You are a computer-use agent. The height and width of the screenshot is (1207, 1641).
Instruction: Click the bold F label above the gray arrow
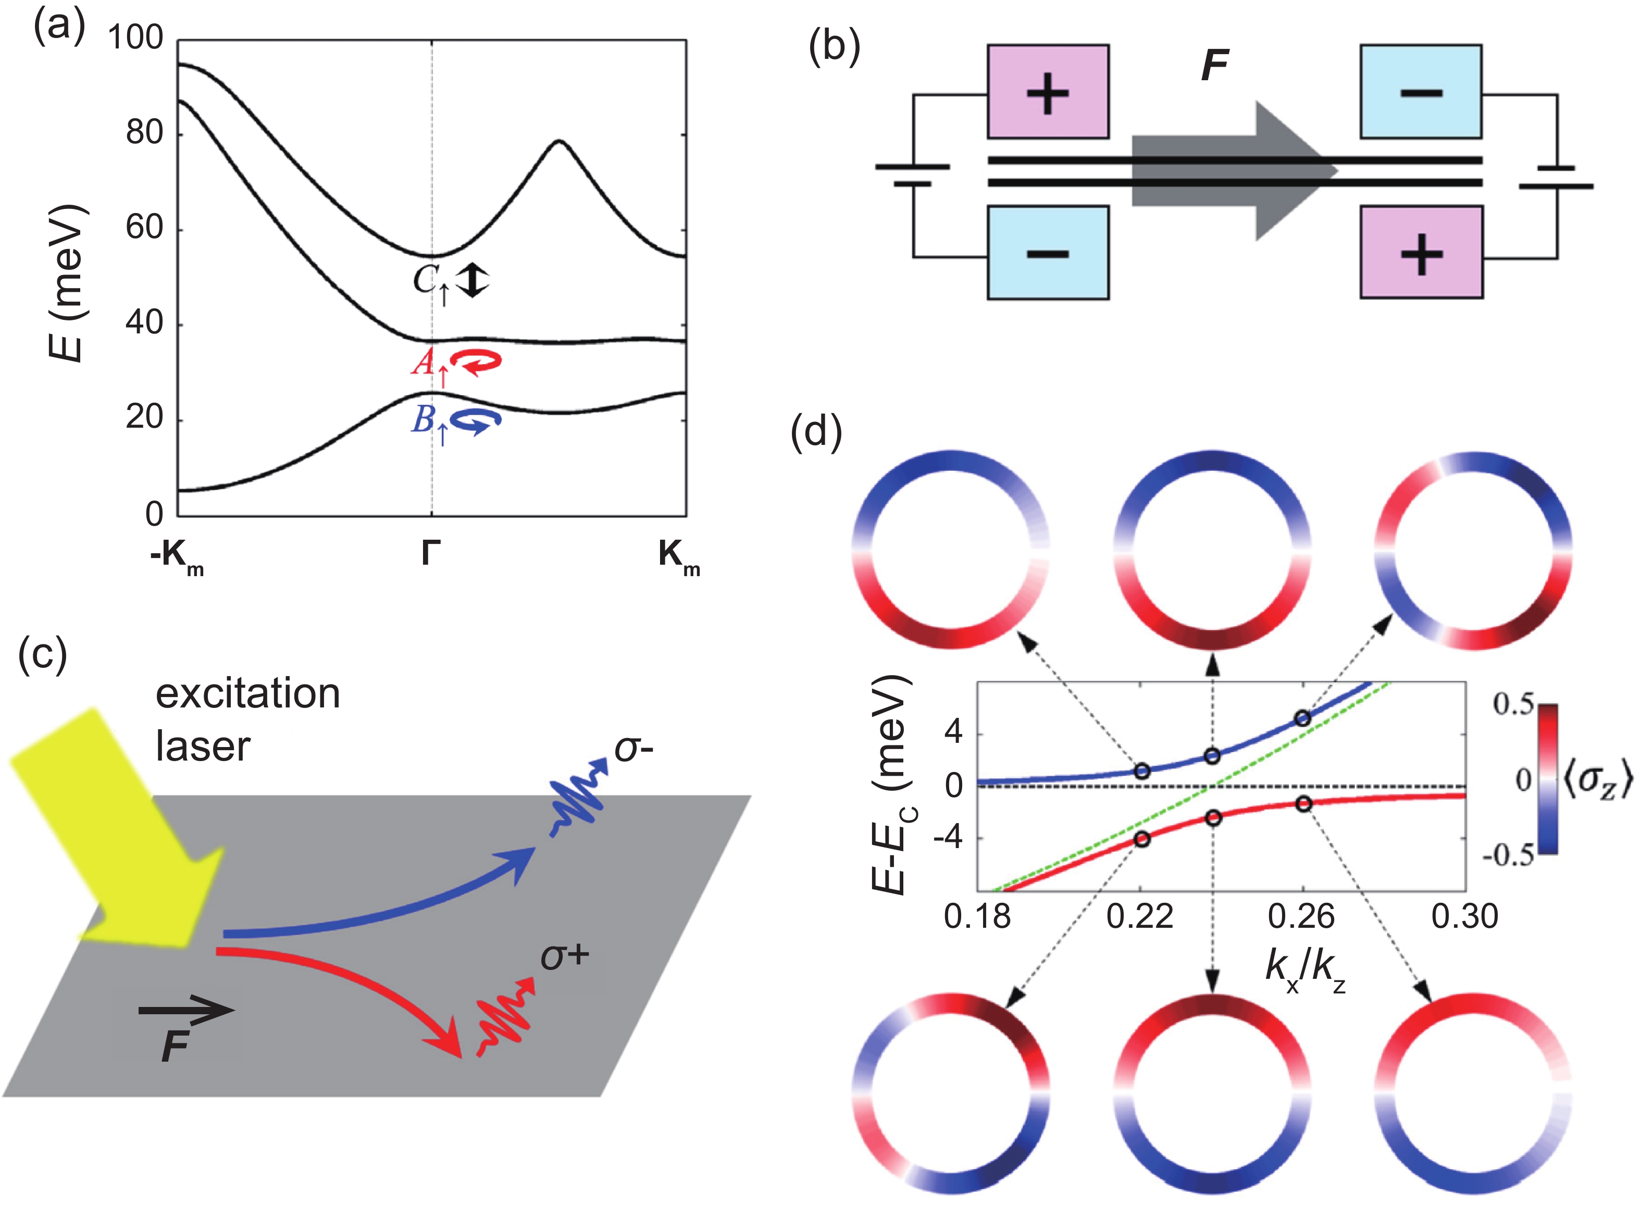(x=1215, y=66)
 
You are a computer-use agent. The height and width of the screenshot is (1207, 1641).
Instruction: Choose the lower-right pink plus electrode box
(x=1420, y=253)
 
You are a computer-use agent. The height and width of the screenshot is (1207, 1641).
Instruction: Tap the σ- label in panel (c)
(x=633, y=748)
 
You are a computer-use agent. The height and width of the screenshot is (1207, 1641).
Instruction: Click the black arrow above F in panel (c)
(x=187, y=1011)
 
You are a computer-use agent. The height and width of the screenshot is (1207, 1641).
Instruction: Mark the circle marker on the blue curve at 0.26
(x=1302, y=719)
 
